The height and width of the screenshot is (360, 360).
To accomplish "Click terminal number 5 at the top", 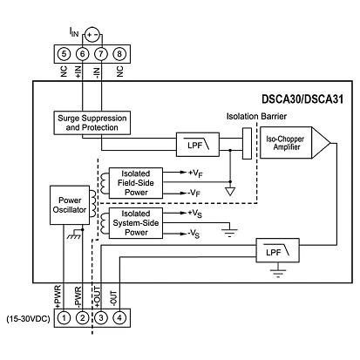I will coord(63,54).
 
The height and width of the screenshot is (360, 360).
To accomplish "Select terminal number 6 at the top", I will coord(82,54).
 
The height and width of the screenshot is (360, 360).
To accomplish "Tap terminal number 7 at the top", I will coord(101,54).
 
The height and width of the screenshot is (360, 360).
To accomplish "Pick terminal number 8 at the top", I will coord(120,54).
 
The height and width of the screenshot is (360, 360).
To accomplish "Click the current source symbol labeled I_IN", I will coord(92,36).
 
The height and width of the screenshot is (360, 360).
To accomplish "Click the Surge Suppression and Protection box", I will coord(93,123).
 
